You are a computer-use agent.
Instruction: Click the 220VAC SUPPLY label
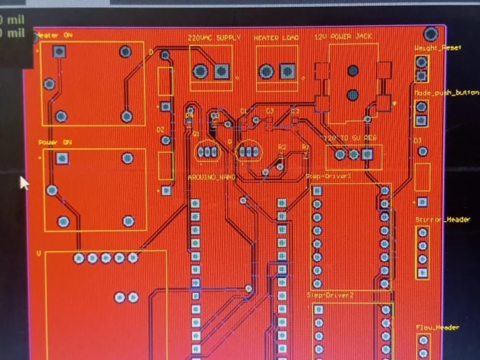(214, 37)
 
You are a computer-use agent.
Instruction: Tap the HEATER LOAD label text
(276, 38)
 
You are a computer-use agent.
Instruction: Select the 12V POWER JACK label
(343, 36)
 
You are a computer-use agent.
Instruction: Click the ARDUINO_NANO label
(211, 177)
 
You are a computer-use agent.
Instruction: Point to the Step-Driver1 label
(328, 177)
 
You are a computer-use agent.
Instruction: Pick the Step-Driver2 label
(330, 295)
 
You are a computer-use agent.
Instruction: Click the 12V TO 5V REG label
(351, 138)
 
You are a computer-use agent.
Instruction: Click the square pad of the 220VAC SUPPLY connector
(221, 72)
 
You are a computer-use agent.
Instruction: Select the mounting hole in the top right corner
(431, 34)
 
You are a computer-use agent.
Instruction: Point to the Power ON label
(55, 143)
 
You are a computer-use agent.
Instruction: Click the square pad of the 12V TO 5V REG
(368, 154)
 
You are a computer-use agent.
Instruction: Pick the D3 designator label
(417, 140)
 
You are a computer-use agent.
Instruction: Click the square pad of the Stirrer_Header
(423, 273)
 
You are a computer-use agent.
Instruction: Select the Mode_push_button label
(446, 93)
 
